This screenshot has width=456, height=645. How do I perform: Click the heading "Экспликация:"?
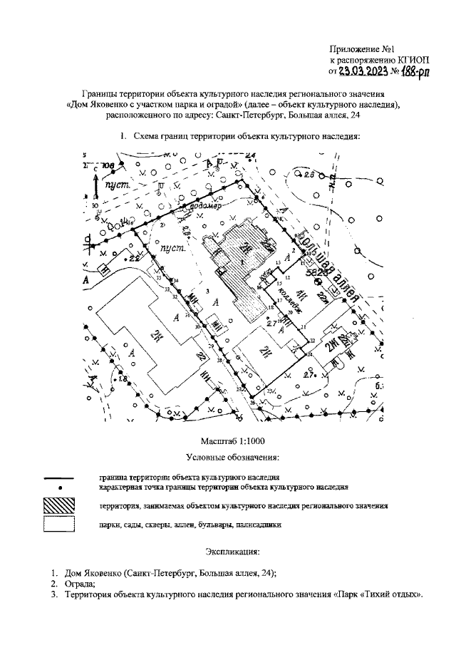pyautogui.click(x=232, y=552)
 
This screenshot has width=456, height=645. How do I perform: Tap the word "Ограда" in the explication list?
pyautogui.click(x=77, y=584)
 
